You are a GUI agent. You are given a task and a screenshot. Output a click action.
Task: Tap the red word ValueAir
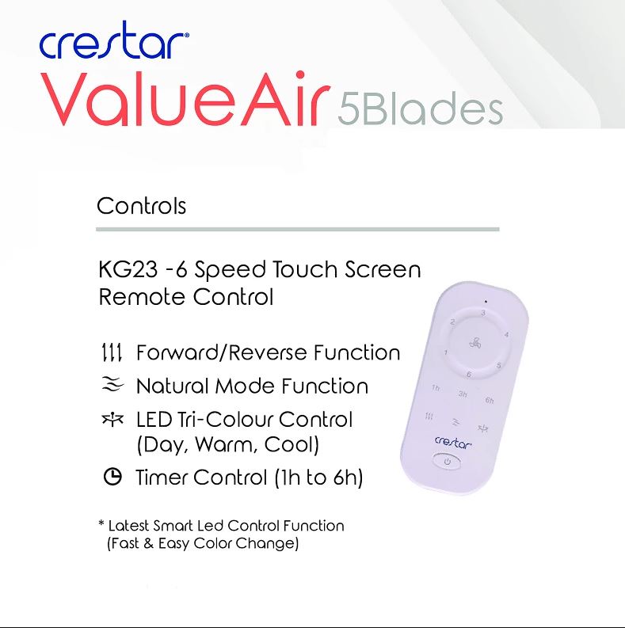tap(185, 99)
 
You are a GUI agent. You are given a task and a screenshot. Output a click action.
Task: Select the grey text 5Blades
tap(420, 108)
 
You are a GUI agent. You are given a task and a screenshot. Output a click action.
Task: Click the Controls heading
tap(142, 206)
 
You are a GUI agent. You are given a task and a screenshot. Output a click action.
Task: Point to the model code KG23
tap(128, 269)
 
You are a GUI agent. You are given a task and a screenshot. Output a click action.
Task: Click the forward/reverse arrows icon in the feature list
tap(112, 352)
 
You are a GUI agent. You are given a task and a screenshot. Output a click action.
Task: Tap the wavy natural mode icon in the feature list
tap(112, 385)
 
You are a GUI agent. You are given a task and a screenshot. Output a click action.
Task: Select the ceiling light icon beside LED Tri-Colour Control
tap(112, 419)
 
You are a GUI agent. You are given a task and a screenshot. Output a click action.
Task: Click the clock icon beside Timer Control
tap(112, 477)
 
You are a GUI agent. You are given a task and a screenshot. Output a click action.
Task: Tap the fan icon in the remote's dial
tap(475, 343)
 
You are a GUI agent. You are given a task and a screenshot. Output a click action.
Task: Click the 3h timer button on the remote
tap(463, 394)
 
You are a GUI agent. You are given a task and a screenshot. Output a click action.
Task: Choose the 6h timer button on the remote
tap(490, 400)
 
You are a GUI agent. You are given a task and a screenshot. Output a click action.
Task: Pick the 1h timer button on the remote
tap(436, 388)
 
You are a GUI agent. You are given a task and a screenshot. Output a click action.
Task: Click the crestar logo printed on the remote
tap(453, 442)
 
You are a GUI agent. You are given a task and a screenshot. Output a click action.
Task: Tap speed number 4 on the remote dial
tap(506, 334)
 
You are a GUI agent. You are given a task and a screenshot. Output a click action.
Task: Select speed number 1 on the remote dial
tap(445, 353)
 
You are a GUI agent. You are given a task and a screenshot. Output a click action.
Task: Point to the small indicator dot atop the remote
tap(486, 302)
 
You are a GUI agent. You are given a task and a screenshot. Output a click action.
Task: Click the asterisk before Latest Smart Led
tap(101, 523)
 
